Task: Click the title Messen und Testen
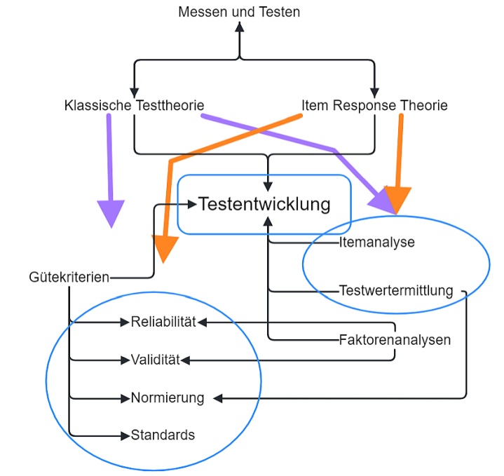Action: pos(239,11)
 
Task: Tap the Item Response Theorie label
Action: pos(374,106)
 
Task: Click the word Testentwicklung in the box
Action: pos(264,204)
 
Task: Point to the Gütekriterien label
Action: pos(69,277)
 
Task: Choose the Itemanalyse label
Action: pos(377,243)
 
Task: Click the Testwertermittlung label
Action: pos(396,290)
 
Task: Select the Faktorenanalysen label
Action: pos(394,340)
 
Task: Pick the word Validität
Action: pos(156,360)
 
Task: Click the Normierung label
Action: pos(167,398)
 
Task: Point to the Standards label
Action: pos(163,435)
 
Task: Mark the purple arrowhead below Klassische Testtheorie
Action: pos(110,213)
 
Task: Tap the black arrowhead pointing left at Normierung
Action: pos(218,398)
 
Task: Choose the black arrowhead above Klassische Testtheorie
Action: pos(133,93)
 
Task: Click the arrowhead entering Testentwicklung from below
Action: pos(268,221)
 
